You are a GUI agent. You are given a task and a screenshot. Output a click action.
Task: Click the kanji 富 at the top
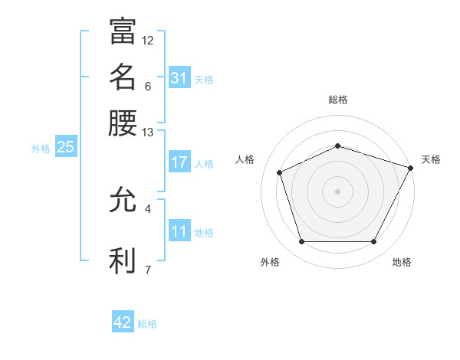point(123,31)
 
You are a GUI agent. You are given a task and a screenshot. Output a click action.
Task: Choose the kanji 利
point(123,260)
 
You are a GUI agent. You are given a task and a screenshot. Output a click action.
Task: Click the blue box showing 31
point(179,78)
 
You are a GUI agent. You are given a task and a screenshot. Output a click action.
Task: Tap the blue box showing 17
point(179,162)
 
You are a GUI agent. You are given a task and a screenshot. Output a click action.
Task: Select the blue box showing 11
point(179,231)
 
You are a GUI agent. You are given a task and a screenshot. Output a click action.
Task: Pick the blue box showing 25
point(65,148)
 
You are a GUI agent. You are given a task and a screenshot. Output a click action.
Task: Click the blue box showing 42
point(123,322)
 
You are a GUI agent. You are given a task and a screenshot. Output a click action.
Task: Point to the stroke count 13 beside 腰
point(148,133)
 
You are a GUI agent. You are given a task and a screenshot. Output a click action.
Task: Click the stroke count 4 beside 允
point(148,208)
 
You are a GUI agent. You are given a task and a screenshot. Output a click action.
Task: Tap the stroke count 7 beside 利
point(148,269)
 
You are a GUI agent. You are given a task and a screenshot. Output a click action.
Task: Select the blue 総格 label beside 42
point(147,324)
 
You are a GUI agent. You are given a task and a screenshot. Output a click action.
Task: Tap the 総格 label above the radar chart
point(337,100)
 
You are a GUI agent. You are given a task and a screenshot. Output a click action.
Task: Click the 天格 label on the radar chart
point(431,159)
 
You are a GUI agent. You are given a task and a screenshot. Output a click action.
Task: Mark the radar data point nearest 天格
point(412,167)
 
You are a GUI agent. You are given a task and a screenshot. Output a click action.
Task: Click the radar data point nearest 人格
point(281,172)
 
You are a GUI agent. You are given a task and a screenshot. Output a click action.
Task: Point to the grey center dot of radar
point(337,191)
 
